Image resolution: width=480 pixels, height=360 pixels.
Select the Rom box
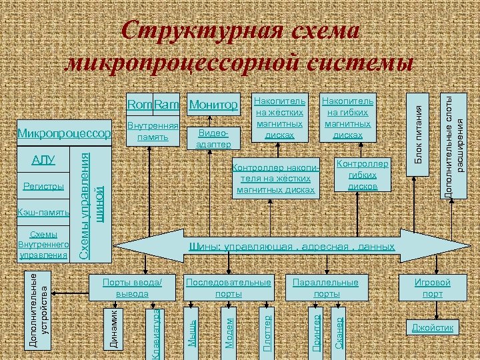[x=139, y=105]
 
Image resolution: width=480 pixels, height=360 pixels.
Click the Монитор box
[x=213, y=105]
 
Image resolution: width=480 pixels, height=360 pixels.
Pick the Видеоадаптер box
[x=215, y=138]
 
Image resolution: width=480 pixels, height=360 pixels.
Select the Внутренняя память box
[x=153, y=132]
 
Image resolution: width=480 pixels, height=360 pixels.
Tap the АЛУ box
[x=43, y=160]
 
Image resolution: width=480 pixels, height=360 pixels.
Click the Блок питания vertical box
[x=418, y=133]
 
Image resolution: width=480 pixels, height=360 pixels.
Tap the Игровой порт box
[x=433, y=288]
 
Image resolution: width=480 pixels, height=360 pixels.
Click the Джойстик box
[x=433, y=328]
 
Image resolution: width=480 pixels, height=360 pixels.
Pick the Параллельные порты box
[x=326, y=288]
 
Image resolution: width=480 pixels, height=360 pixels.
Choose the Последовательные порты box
[x=229, y=288]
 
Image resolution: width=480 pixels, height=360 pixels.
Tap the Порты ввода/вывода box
[x=132, y=288]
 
